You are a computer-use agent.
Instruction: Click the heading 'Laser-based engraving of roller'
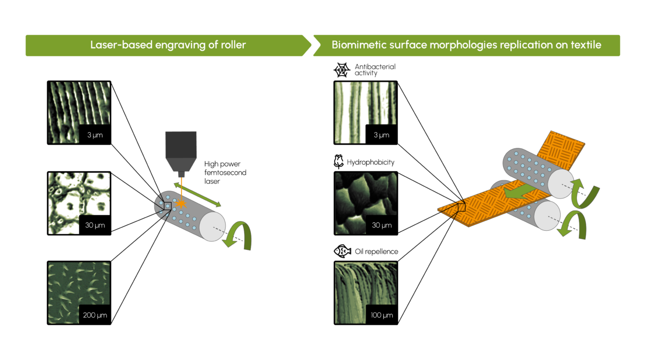click(168, 45)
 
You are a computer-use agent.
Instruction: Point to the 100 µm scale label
click(381, 316)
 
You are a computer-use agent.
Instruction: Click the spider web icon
click(342, 70)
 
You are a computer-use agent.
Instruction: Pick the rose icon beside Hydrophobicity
click(339, 162)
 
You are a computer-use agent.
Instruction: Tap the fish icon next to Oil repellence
click(341, 251)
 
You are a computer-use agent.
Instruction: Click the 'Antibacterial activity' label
click(375, 70)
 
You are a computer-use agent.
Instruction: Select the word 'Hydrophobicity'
click(370, 163)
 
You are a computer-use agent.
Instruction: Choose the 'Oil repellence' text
click(376, 251)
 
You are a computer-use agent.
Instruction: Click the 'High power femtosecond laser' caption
click(225, 172)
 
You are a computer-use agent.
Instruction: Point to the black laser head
click(180, 151)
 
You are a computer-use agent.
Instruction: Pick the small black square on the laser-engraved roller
click(168, 204)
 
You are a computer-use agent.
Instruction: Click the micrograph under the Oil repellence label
click(366, 291)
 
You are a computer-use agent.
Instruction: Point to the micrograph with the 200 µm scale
click(79, 292)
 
